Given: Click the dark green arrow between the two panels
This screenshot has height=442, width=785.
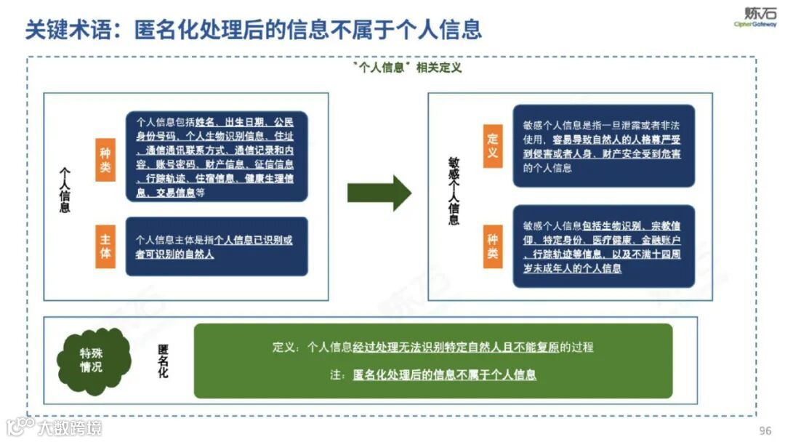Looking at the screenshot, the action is [x=379, y=193].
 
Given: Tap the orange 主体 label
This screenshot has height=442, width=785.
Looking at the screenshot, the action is [x=105, y=246].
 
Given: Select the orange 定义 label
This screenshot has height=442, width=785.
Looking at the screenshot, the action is [x=492, y=145].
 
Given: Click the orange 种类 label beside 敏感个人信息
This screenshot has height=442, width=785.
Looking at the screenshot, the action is [x=492, y=246].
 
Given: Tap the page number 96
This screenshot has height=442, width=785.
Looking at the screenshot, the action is [x=765, y=430].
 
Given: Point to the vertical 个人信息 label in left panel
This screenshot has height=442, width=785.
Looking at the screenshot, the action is [x=65, y=190].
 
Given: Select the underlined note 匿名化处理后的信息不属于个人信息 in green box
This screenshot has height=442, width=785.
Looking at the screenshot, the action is [x=444, y=375].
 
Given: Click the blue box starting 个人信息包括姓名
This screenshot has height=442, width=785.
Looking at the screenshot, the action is [x=217, y=156].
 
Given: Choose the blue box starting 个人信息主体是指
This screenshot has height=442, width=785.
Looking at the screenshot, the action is [x=217, y=246].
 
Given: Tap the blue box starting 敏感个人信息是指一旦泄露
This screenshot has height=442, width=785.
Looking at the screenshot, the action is [x=603, y=145].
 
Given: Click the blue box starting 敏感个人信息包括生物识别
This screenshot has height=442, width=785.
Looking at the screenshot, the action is [x=603, y=246].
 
